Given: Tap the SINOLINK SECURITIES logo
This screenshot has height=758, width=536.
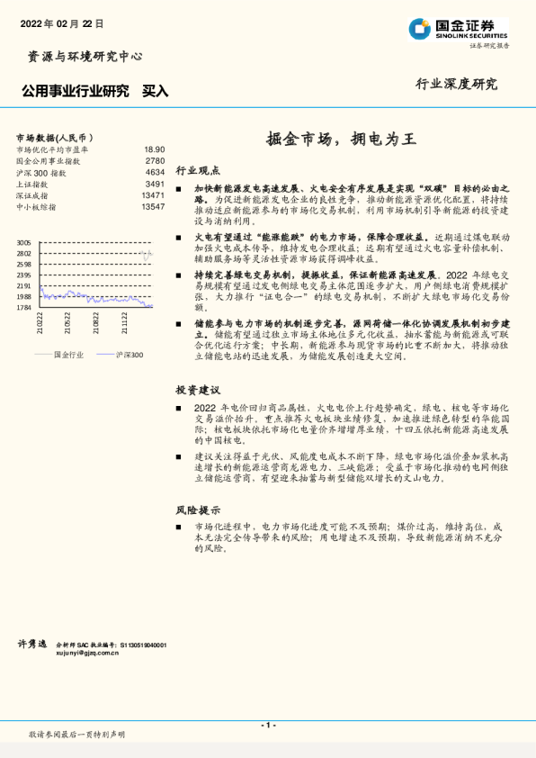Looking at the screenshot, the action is coord(459,28).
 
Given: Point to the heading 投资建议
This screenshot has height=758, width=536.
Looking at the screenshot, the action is coord(198,390).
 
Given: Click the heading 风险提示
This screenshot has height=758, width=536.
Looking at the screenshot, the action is coord(198,509).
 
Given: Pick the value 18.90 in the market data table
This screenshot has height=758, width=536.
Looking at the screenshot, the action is coord(154,149).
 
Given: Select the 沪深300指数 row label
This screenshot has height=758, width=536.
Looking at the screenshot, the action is coord(41,172).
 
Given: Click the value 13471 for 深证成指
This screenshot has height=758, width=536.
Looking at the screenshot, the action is coord(152,195).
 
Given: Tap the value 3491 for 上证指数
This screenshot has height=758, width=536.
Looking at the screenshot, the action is coord(155,184).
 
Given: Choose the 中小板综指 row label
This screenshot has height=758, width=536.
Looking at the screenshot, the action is coord(37,207).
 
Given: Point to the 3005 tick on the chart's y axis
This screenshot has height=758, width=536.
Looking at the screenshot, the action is coord(24,243).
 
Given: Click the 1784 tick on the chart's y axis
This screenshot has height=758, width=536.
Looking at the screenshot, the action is coord(24,307).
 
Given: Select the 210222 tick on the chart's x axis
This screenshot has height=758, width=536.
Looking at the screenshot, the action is coord(40,321).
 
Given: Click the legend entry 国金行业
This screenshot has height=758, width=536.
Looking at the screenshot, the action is coord(68,355).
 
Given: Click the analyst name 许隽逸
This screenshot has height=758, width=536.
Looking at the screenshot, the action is coord(32,645).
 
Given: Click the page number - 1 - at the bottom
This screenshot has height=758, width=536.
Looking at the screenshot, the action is coord(267,725).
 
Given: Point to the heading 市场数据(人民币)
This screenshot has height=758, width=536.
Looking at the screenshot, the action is coord(54,137).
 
